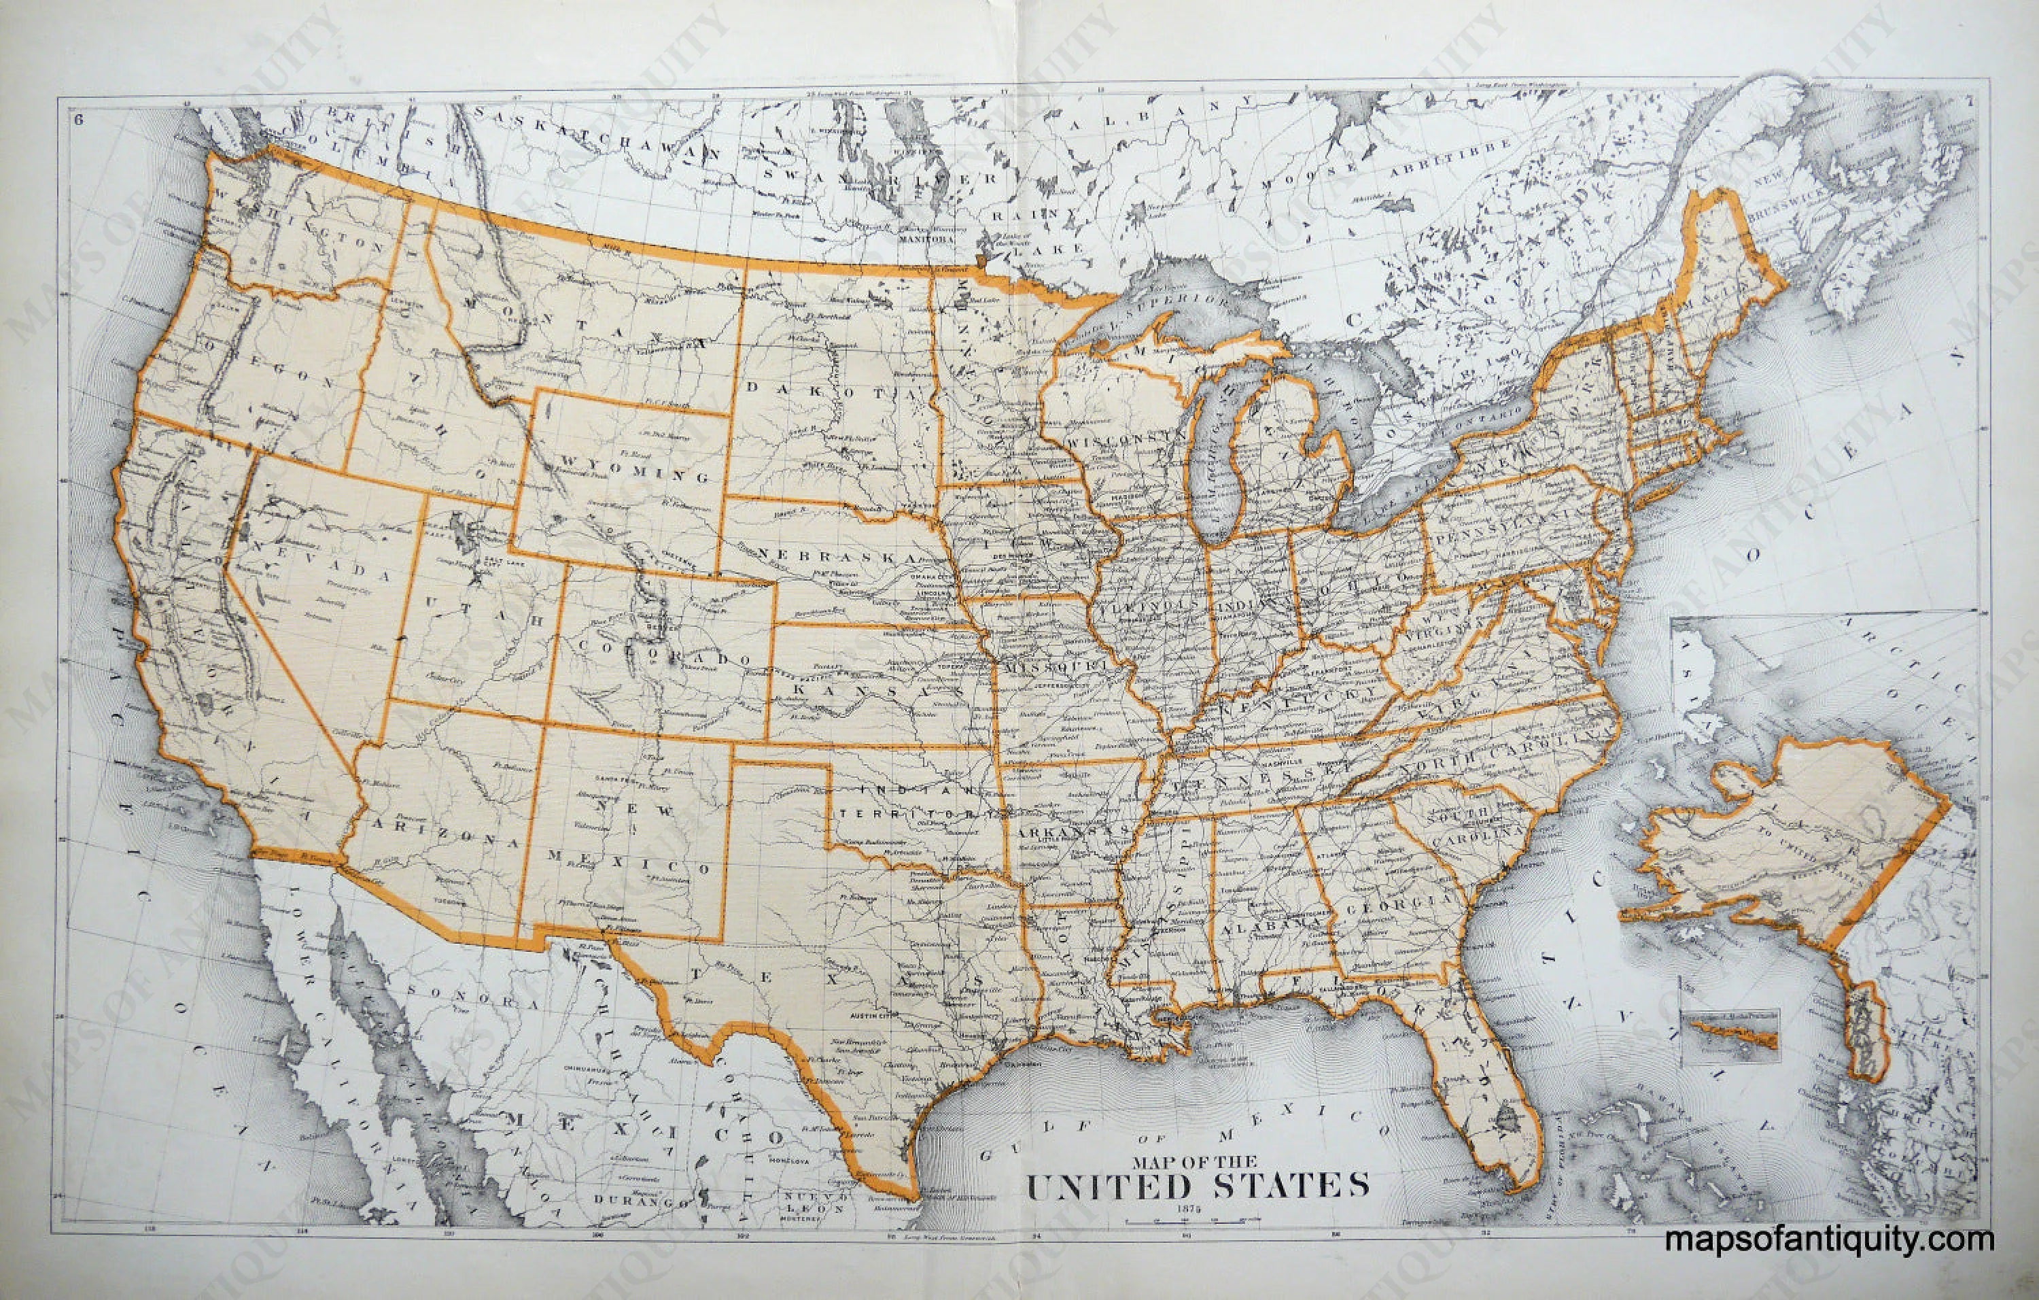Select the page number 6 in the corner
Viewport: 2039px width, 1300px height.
coord(79,120)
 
